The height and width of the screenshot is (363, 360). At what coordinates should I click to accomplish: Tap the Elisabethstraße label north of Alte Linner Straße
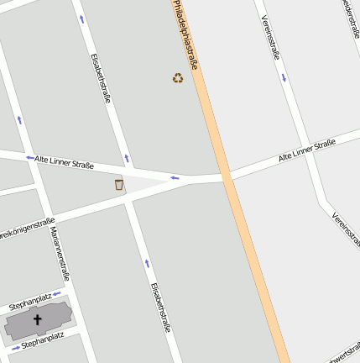click(x=101, y=78)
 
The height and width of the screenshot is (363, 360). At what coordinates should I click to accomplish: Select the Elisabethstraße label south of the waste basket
click(x=160, y=307)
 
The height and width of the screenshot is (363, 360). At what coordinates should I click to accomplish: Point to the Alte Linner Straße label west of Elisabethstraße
click(x=64, y=160)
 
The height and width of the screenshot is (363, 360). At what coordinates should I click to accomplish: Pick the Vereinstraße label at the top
click(x=270, y=38)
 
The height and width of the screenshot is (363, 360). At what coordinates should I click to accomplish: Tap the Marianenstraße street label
click(x=59, y=252)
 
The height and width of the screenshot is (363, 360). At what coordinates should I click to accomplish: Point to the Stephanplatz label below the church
click(x=42, y=339)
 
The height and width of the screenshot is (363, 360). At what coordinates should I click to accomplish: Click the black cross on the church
click(x=37, y=320)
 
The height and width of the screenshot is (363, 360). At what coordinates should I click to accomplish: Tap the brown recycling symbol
click(x=178, y=78)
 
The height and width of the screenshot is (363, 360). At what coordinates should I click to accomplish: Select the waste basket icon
click(x=119, y=184)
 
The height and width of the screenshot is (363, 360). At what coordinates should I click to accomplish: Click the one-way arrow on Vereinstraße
click(x=284, y=78)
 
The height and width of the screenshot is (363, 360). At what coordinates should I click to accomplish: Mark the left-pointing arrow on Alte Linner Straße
click(x=175, y=177)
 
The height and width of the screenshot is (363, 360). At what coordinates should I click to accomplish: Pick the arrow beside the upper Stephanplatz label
click(x=57, y=294)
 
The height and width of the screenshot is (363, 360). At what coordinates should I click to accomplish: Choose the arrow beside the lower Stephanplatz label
click(x=14, y=346)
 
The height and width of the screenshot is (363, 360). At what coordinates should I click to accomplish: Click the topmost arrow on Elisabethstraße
click(x=82, y=19)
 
